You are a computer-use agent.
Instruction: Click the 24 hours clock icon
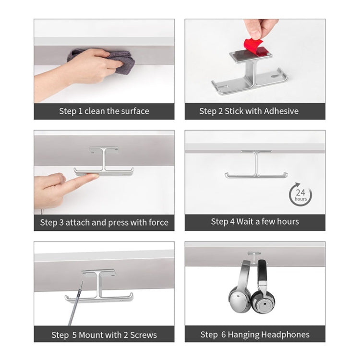click(300, 194)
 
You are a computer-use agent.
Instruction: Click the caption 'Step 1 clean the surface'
click(104, 111)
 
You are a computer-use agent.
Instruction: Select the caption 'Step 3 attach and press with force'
click(104, 222)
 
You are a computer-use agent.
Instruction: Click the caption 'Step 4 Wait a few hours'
click(255, 222)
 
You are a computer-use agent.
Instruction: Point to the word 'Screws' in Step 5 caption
click(143, 335)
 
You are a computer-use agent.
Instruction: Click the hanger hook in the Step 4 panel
click(255, 166)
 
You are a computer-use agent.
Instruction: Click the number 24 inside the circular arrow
click(300, 192)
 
